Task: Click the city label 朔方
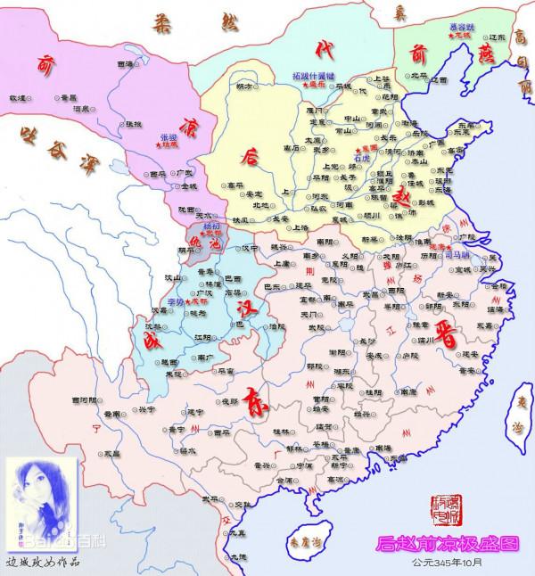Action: [243, 86]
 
